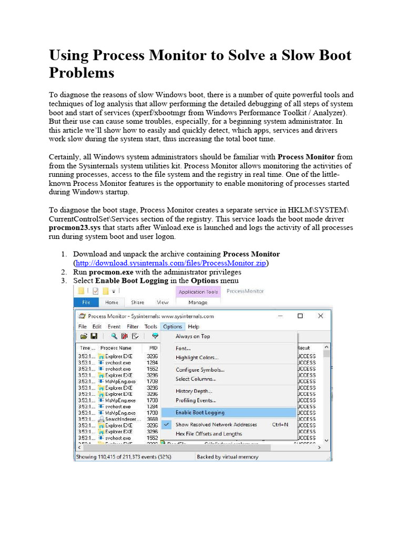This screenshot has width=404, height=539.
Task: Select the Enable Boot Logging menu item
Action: tap(200, 413)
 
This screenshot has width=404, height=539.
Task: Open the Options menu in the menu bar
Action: tap(172, 326)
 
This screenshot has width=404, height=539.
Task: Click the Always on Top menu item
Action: tap(193, 336)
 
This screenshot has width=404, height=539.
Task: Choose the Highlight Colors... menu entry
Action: tap(198, 358)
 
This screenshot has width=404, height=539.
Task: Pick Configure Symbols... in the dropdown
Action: tap(200, 370)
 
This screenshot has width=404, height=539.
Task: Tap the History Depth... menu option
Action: tap(194, 391)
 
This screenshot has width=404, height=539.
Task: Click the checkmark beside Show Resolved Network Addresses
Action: tap(167, 424)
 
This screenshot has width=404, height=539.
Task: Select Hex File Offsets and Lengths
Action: tap(208, 434)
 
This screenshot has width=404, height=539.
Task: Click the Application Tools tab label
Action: tap(198, 292)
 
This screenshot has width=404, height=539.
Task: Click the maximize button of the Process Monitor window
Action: tap(300, 316)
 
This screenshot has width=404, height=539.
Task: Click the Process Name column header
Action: tap(116, 348)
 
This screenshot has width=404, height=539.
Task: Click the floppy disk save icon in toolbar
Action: tap(94, 336)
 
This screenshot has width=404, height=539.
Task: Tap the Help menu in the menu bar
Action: tap(194, 326)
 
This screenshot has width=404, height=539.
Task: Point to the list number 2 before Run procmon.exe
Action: tap(63, 272)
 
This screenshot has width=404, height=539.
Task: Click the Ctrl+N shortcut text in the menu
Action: tap(279, 424)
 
